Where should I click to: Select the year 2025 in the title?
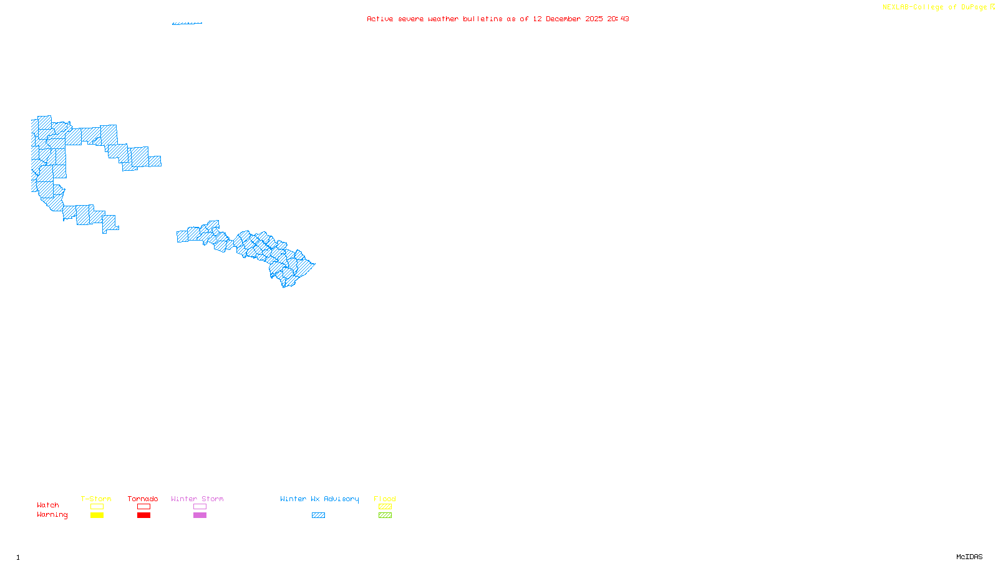point(594,19)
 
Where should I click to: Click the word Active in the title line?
point(380,19)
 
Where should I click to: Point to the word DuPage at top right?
point(974,7)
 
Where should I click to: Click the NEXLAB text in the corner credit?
point(896,7)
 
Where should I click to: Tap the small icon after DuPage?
point(992,7)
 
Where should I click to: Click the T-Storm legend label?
point(96,499)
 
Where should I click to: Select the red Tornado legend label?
point(143,499)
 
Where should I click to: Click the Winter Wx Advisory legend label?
point(319,499)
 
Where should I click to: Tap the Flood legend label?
point(385,499)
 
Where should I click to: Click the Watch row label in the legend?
point(48,505)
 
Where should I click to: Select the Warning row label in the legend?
point(52,515)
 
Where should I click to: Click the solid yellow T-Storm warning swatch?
point(97,515)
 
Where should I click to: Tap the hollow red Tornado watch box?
point(143,507)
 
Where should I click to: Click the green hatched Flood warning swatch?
point(385,515)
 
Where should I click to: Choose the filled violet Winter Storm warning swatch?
point(200,515)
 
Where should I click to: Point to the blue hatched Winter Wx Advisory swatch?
point(318,515)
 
